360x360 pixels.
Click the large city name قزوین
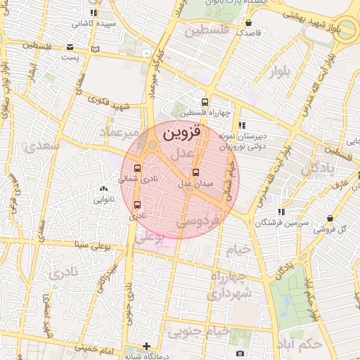(181, 131)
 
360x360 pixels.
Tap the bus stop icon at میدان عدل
(195, 172)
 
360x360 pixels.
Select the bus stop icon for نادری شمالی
(136, 169)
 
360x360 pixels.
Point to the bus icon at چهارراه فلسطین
(205, 102)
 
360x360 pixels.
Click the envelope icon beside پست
(70, 48)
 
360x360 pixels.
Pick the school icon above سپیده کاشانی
(94, 13)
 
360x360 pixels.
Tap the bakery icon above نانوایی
(104, 188)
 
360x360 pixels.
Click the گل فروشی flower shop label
(333, 229)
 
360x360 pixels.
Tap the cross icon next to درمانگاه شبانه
(146, 346)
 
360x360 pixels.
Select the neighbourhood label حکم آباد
(300, 344)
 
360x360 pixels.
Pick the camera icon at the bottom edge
(240, 353)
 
